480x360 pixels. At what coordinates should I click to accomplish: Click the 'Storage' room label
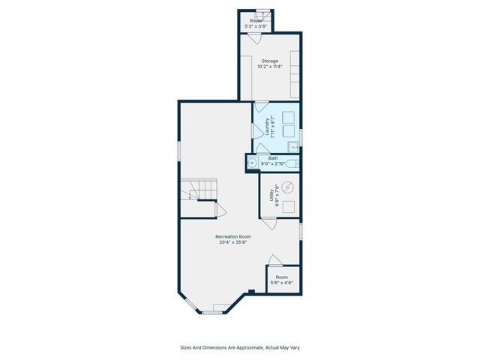click(x=270, y=61)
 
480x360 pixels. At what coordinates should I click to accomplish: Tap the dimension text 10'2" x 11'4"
click(x=270, y=67)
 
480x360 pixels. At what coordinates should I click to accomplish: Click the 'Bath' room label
click(x=274, y=157)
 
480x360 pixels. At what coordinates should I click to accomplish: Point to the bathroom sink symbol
click(x=253, y=163)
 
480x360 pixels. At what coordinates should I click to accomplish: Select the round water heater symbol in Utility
click(x=289, y=187)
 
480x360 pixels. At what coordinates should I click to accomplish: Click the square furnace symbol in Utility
click(x=289, y=205)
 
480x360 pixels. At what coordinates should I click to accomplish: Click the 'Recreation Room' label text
click(x=233, y=236)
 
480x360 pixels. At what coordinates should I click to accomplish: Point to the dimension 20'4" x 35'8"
click(x=233, y=242)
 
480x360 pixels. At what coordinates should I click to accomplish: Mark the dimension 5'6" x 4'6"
click(x=281, y=283)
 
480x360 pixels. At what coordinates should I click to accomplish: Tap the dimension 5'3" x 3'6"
click(x=256, y=26)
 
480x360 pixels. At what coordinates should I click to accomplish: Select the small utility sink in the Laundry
click(x=295, y=147)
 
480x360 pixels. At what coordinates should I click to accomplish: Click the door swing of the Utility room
click(x=268, y=222)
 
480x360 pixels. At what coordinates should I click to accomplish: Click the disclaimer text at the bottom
click(x=240, y=347)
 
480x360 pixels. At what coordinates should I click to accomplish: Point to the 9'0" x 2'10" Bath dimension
click(x=274, y=163)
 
